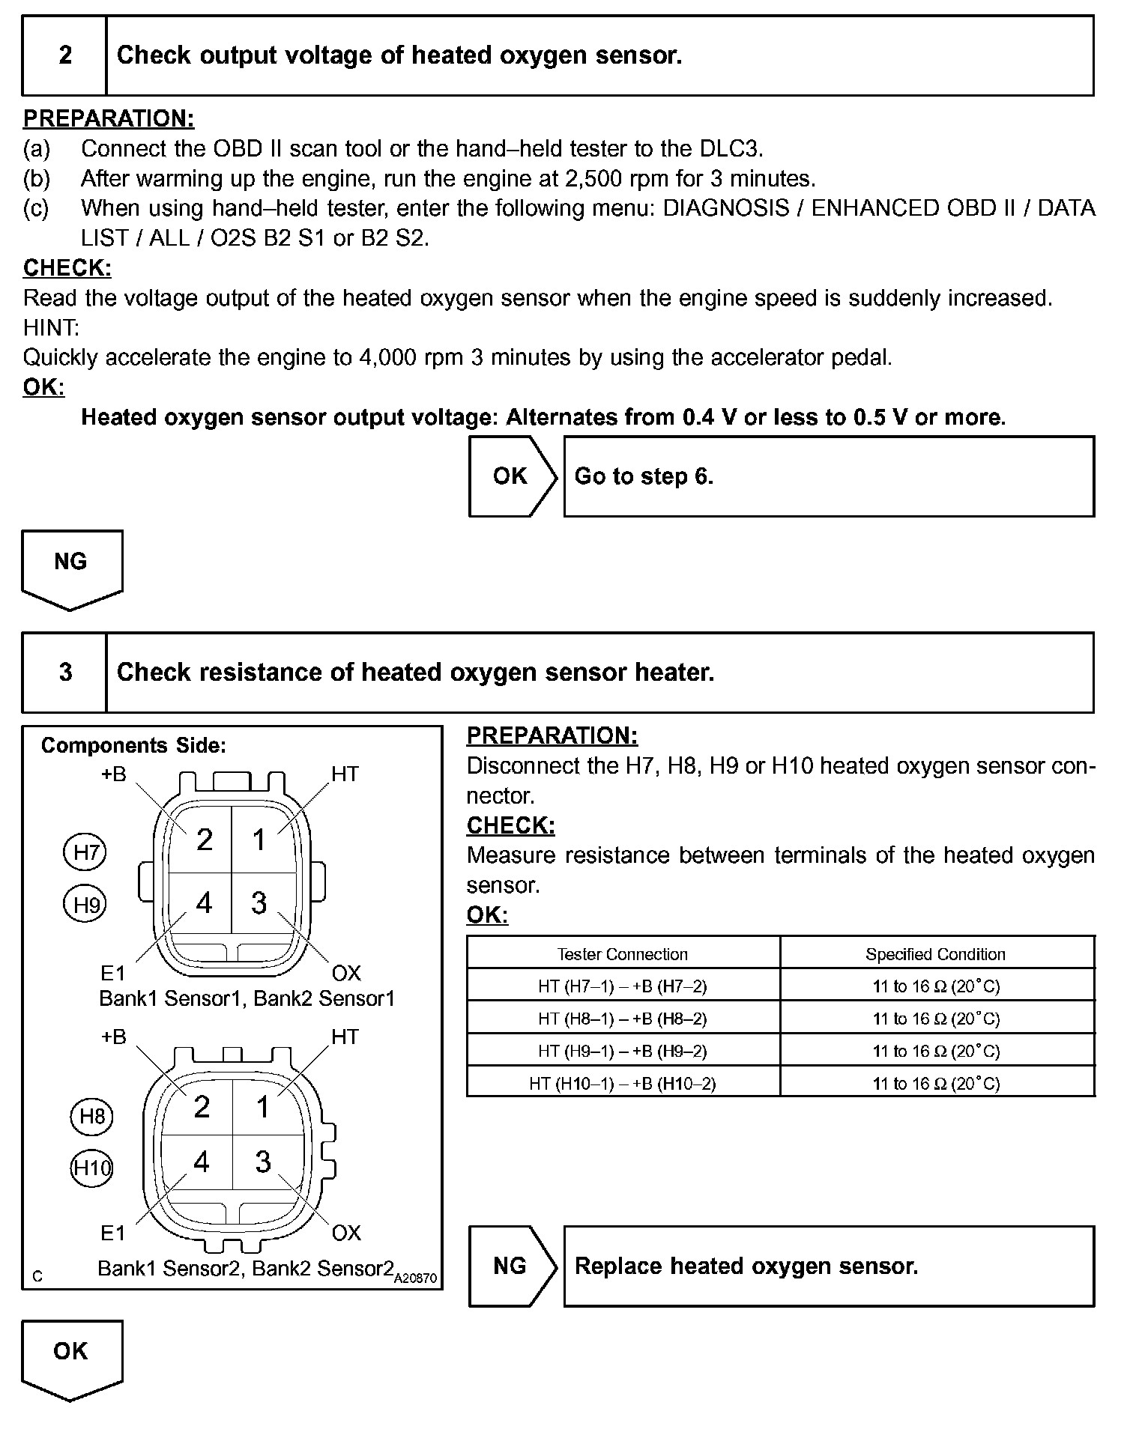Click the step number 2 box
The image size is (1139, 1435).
65,55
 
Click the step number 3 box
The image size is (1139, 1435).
65,672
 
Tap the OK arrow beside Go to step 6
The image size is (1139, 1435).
512,476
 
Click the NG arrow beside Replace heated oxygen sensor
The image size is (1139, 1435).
512,1266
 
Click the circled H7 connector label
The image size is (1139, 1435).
85,852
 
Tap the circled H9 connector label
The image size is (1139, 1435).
85,905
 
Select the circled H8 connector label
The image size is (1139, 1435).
92,1117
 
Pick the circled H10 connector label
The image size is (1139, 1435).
91,1168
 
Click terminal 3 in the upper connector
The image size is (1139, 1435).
259,903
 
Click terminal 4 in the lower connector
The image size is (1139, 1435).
202,1162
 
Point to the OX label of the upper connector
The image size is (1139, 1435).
346,974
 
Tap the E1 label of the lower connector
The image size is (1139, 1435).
113,1233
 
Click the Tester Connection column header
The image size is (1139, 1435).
622,954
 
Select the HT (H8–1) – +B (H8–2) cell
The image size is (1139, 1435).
622,1019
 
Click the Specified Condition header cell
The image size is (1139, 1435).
935,954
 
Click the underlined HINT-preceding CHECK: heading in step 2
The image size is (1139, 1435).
67,268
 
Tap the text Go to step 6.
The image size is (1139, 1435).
644,476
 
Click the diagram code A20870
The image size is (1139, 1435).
416,1278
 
